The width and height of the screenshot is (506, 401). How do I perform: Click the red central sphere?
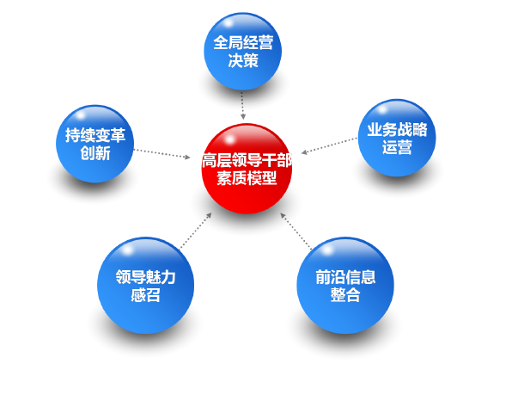247,169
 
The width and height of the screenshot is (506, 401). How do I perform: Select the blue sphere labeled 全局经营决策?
242,51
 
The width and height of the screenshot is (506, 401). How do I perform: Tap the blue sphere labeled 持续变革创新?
94,144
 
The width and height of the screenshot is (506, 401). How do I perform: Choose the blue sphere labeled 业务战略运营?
397,138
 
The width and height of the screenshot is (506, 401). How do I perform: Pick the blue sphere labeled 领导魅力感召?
145,286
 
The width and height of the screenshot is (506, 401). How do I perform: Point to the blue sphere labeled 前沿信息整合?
345,286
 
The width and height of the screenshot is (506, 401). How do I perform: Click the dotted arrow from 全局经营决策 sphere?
242,106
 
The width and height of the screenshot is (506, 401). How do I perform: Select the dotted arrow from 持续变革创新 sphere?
162,154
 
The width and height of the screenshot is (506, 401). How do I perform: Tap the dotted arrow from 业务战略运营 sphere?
329,145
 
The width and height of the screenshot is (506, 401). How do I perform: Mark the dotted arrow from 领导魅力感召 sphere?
196,231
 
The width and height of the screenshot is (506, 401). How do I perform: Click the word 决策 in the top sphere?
243,60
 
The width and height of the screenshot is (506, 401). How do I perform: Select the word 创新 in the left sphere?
95,153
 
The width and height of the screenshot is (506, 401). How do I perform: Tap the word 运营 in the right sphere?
397,147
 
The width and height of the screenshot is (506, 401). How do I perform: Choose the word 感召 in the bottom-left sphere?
145,295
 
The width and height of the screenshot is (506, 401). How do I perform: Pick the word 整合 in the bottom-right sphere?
345,295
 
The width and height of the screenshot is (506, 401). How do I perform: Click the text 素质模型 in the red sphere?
247,178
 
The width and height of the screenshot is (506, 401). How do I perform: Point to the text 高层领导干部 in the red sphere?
247,160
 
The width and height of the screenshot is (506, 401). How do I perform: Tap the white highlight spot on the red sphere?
229,139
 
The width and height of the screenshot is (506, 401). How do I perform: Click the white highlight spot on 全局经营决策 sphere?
229,23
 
